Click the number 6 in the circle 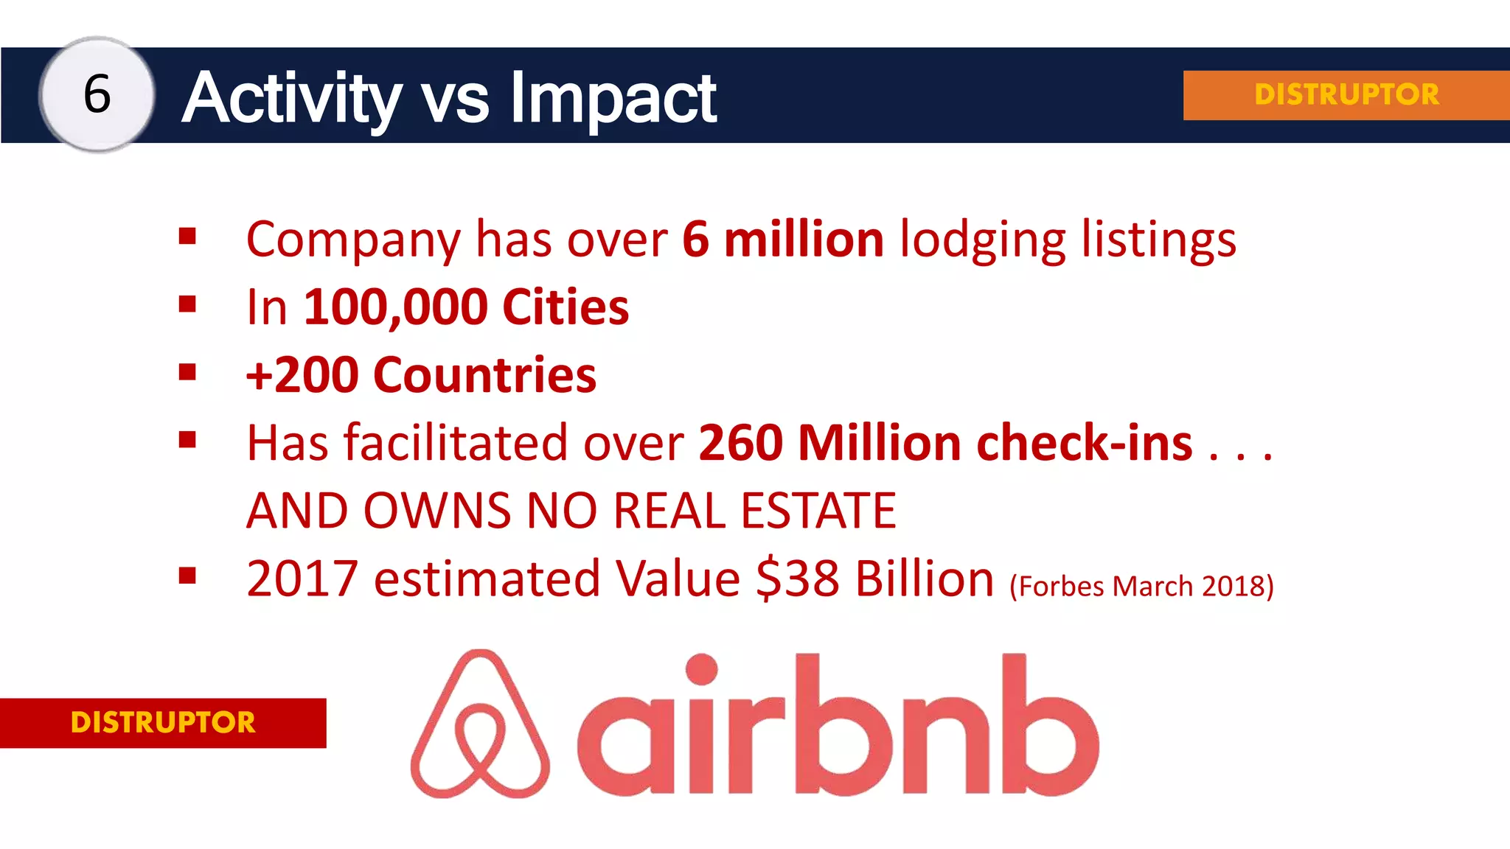pos(97,94)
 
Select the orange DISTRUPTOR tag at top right pos(1346,94)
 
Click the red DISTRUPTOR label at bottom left pos(163,722)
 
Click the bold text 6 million pos(782,240)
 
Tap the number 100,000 pos(395,307)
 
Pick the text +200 pos(302,375)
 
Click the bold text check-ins pos(1084,443)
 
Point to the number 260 pos(740,443)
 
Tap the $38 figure pos(798,579)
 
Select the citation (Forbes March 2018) pos(1141,586)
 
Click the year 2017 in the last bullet pos(302,579)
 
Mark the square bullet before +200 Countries pos(187,372)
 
